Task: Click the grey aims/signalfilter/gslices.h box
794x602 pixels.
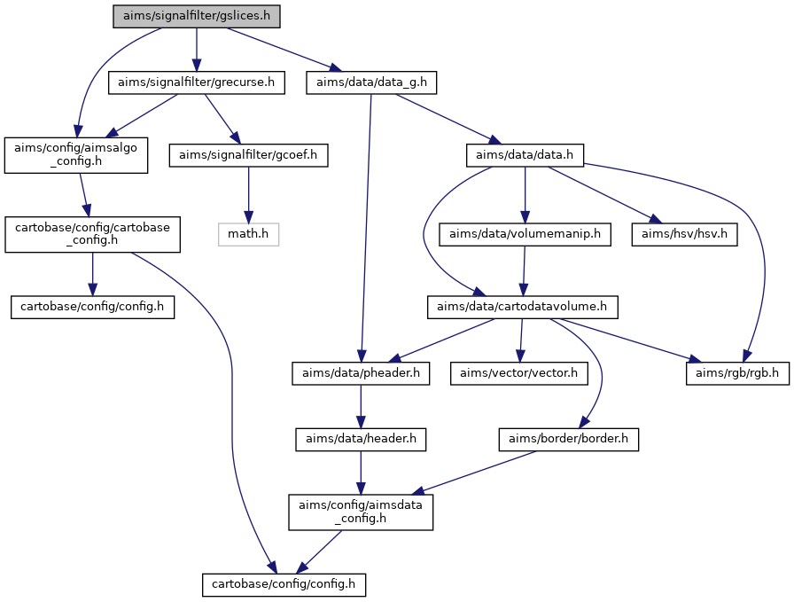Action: pyautogui.click(x=197, y=16)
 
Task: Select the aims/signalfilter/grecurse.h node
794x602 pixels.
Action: pyautogui.click(x=197, y=82)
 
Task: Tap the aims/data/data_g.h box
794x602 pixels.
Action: pyautogui.click(x=371, y=82)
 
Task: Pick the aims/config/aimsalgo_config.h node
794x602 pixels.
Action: pyautogui.click(x=76, y=155)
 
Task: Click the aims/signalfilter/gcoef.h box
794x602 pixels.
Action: pyautogui.click(x=249, y=155)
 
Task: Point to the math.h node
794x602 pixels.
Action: pyautogui.click(x=249, y=235)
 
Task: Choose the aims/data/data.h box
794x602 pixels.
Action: pyautogui.click(x=525, y=155)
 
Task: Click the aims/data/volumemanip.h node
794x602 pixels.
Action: pyautogui.click(x=525, y=235)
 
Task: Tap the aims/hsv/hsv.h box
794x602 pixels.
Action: pyautogui.click(x=684, y=235)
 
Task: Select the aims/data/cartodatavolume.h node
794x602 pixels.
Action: pyautogui.click(x=522, y=307)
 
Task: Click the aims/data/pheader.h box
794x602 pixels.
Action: pyautogui.click(x=361, y=373)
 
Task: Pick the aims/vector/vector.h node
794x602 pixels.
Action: pyautogui.click(x=519, y=373)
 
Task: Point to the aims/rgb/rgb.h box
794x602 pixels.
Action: pyautogui.click(x=737, y=373)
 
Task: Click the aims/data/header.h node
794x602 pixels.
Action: pyautogui.click(x=361, y=440)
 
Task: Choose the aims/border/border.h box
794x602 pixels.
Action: pyautogui.click(x=568, y=440)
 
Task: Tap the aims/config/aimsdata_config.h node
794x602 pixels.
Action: pyautogui.click(x=361, y=512)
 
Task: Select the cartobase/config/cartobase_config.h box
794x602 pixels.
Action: pyautogui.click(x=92, y=235)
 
